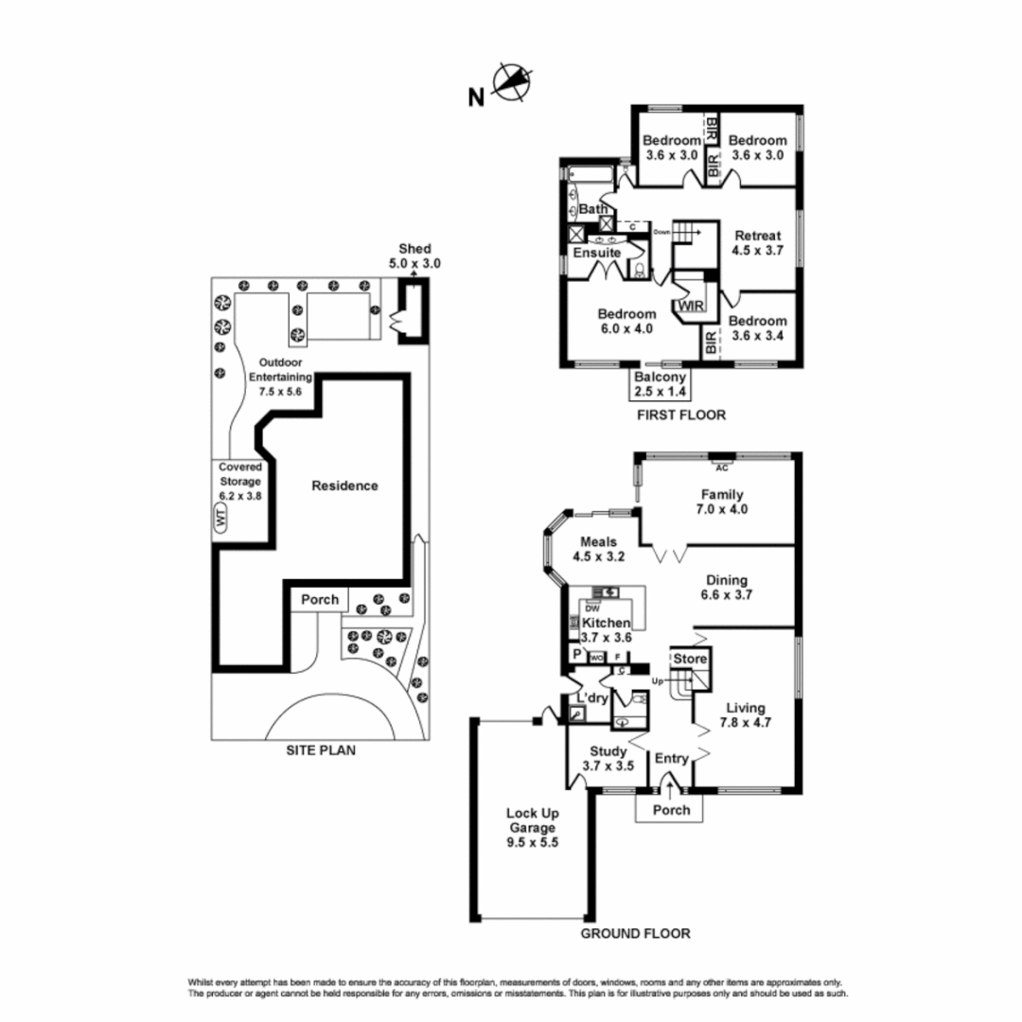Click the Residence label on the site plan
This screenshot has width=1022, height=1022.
(x=344, y=485)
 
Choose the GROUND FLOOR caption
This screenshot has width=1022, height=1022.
(x=635, y=933)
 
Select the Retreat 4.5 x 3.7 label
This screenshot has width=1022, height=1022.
(x=756, y=243)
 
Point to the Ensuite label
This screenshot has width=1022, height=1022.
(x=597, y=254)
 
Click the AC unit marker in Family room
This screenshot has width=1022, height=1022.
(x=721, y=467)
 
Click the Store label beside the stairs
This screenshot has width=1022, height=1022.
(x=690, y=657)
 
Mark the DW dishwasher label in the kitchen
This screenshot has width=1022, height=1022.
(x=592, y=608)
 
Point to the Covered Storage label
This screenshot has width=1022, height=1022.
(x=240, y=481)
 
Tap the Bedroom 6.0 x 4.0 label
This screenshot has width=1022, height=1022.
(x=626, y=322)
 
